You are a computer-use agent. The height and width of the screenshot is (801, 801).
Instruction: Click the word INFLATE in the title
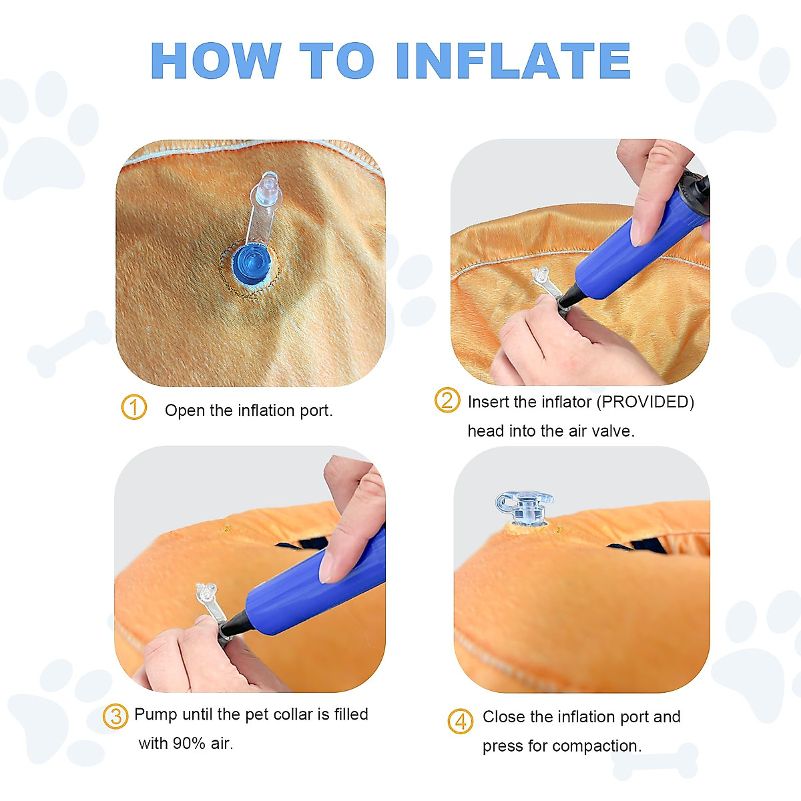coord(513,61)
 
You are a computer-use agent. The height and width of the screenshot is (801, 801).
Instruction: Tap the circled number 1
coord(133,407)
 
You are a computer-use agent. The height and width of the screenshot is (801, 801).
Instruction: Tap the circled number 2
coord(447,400)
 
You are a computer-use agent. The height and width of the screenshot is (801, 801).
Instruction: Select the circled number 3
coord(115,716)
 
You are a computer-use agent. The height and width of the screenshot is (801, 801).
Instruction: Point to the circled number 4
coord(460,721)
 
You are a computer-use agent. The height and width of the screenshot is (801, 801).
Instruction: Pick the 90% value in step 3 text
coord(189,743)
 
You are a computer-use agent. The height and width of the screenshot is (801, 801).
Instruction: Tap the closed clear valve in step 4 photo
coord(524,508)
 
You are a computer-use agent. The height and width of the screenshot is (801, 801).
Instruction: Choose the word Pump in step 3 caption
coord(156,714)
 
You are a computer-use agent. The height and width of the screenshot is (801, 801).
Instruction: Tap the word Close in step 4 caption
coord(504,716)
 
